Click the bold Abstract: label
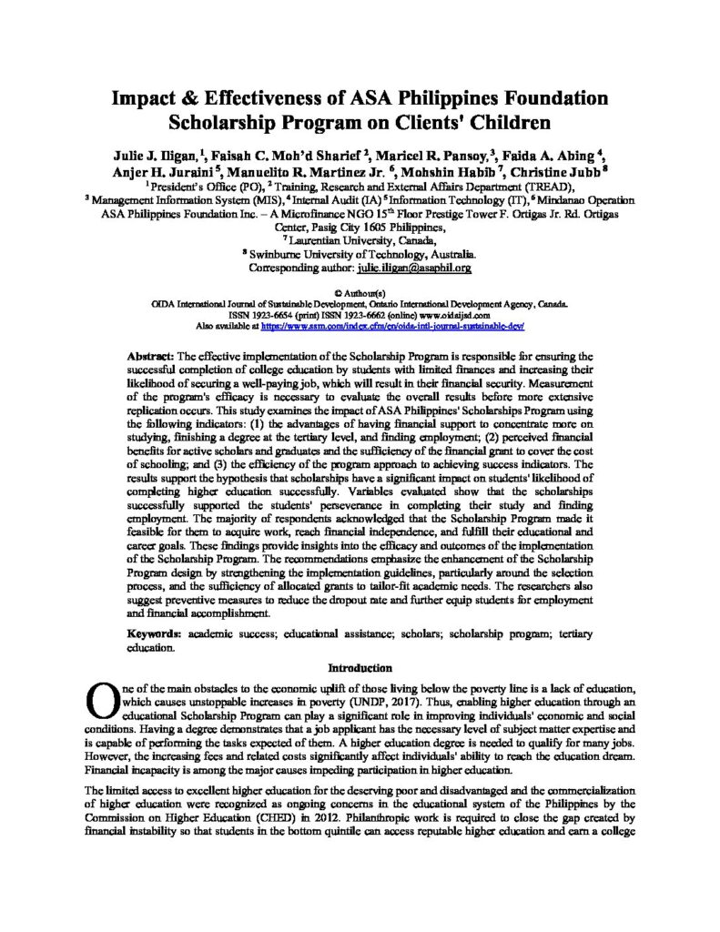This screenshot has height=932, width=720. coord(149,351)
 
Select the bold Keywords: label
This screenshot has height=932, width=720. coord(154,631)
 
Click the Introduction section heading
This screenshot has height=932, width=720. coord(360,667)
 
